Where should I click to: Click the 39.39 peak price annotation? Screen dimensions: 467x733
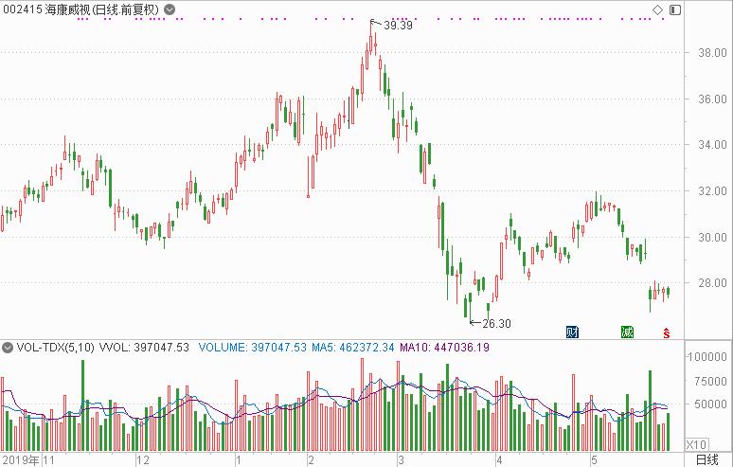click(x=398, y=26)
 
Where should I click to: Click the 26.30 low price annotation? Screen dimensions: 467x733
click(x=496, y=323)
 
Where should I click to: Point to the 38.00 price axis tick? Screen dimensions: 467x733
click(x=711, y=53)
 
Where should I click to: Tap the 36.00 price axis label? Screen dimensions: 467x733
click(x=711, y=99)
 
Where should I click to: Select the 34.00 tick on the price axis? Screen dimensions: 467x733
click(x=711, y=146)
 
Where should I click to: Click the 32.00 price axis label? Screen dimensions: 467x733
click(x=711, y=191)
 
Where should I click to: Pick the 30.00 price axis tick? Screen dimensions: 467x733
click(x=711, y=238)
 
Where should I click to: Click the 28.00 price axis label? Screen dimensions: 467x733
click(x=711, y=283)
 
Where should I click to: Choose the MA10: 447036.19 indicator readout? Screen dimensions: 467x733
click(x=444, y=348)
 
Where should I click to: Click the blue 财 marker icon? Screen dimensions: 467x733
click(x=572, y=332)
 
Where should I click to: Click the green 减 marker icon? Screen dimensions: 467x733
click(x=626, y=332)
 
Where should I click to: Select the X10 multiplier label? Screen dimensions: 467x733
click(x=696, y=443)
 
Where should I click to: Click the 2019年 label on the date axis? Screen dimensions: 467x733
click(x=20, y=460)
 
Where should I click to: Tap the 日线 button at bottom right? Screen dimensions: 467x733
click(x=706, y=459)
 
